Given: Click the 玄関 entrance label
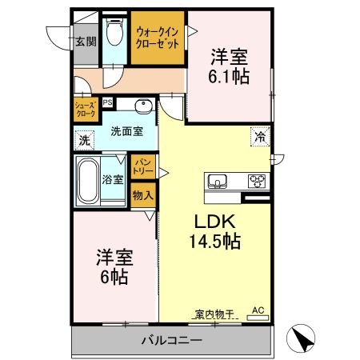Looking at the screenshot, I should (85, 41).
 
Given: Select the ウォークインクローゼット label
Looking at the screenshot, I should (157, 37).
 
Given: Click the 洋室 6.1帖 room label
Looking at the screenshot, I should (229, 67).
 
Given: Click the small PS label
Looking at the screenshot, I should (107, 102).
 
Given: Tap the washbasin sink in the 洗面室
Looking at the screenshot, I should (144, 106).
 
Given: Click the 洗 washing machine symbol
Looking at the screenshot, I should (85, 140).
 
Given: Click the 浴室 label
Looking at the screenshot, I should (113, 179).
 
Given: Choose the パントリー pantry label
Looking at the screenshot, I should (142, 166).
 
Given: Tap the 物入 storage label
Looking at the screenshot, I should (142, 195).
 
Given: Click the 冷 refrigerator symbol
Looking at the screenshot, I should (260, 136).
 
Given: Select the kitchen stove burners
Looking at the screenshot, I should (258, 179).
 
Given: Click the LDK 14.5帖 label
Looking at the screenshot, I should (214, 230).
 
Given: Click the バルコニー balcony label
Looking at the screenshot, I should (171, 340).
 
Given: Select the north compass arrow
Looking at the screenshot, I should (300, 338).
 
